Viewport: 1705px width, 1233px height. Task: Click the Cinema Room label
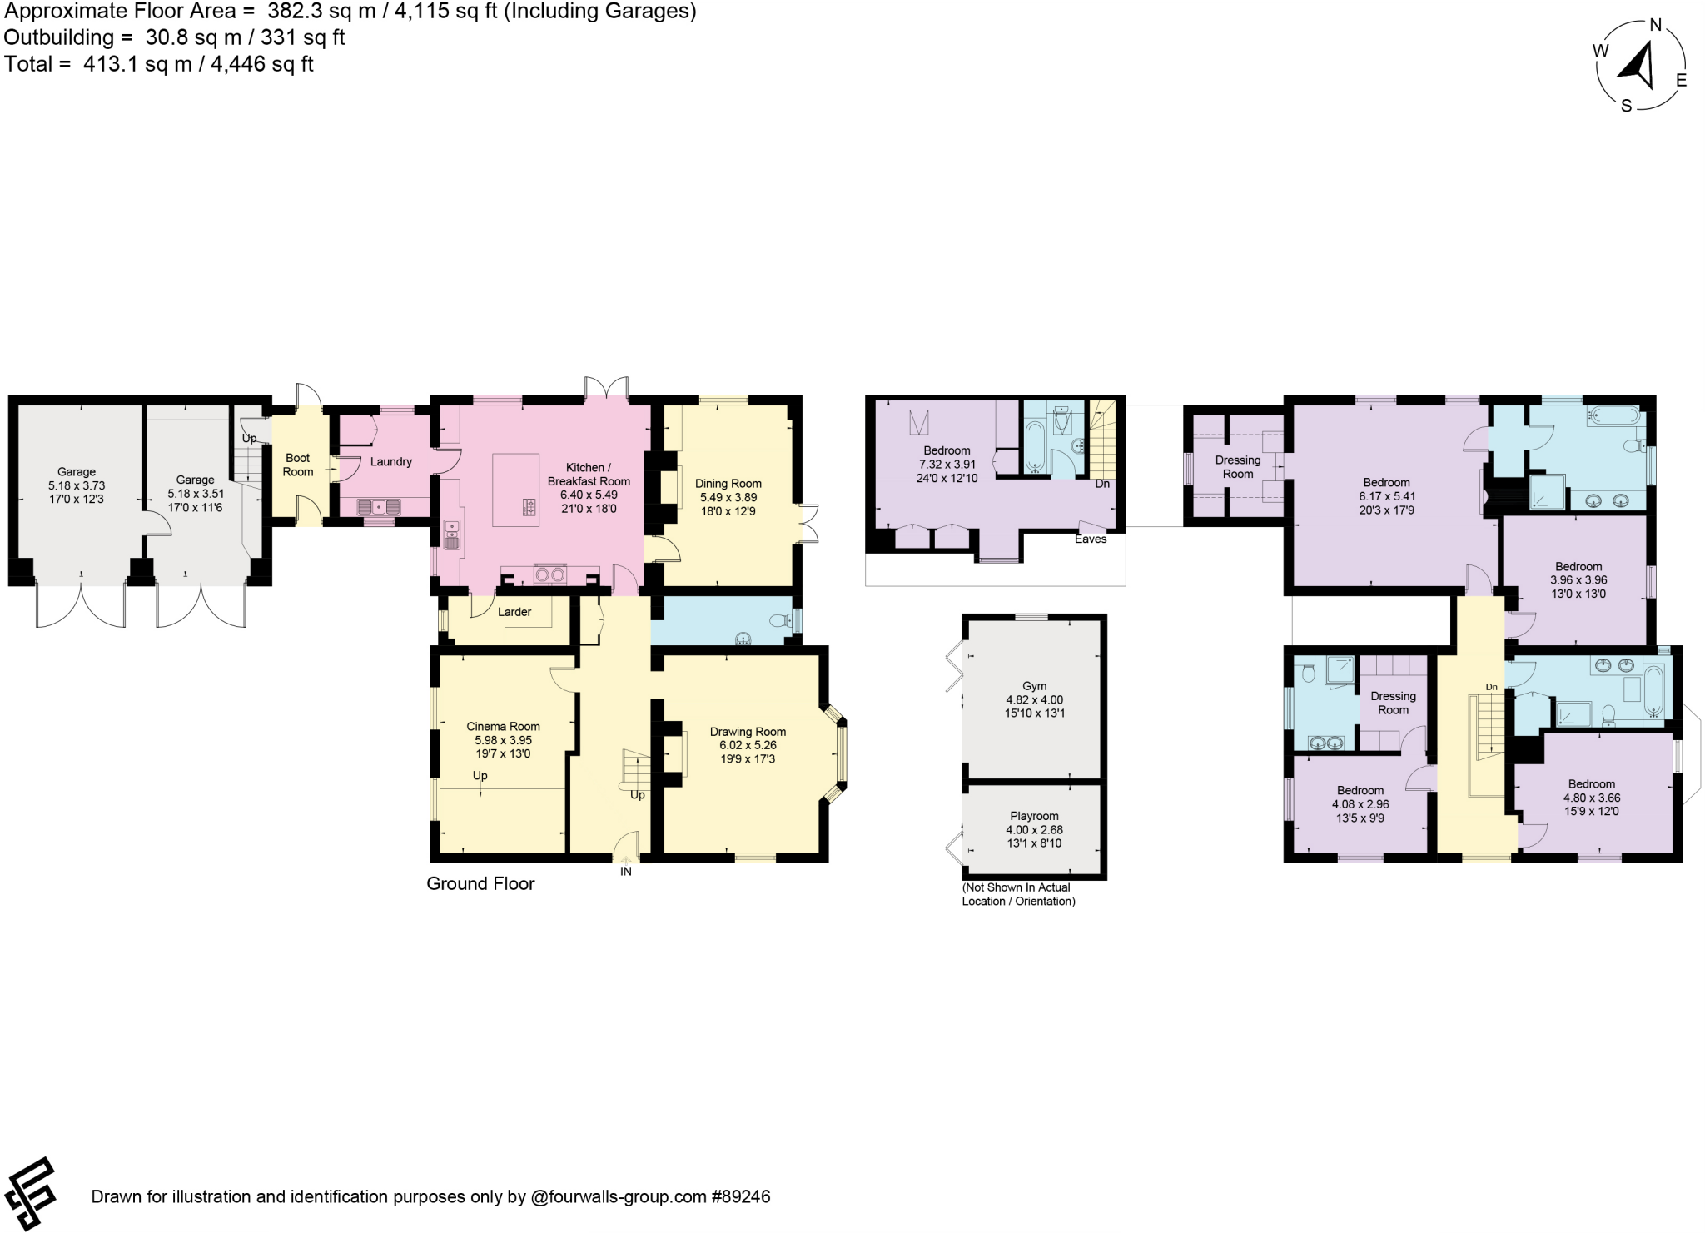(503, 726)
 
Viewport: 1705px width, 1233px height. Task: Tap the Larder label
(514, 612)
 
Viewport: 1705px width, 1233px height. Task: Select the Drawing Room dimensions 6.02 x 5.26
(748, 746)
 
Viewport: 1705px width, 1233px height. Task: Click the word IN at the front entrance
(626, 872)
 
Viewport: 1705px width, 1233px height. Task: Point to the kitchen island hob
(529, 505)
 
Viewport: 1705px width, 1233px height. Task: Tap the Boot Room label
(297, 465)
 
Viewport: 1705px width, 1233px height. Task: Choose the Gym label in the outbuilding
(1034, 686)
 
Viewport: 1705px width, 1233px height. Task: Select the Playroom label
(1034, 816)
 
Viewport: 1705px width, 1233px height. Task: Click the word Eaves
(1091, 539)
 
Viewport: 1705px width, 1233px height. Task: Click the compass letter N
(1656, 25)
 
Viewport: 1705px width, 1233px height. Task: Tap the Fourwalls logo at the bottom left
(32, 1193)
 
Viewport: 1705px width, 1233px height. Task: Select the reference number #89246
(740, 1197)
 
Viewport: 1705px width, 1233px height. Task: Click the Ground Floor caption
(480, 884)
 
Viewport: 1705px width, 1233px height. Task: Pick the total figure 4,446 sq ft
(262, 64)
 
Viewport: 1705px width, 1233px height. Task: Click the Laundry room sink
(379, 505)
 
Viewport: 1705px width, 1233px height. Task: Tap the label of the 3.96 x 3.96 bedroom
(1578, 566)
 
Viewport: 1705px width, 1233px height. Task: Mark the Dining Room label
(728, 483)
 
